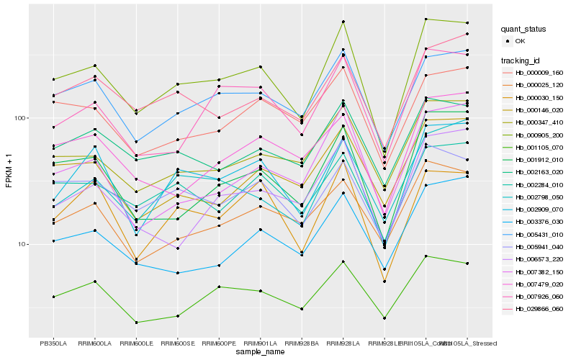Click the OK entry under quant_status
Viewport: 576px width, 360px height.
click(520, 41)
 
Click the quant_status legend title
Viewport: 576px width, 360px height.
click(523, 30)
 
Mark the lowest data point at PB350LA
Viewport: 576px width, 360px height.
click(53, 297)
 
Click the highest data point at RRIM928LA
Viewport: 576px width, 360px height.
click(343, 22)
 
